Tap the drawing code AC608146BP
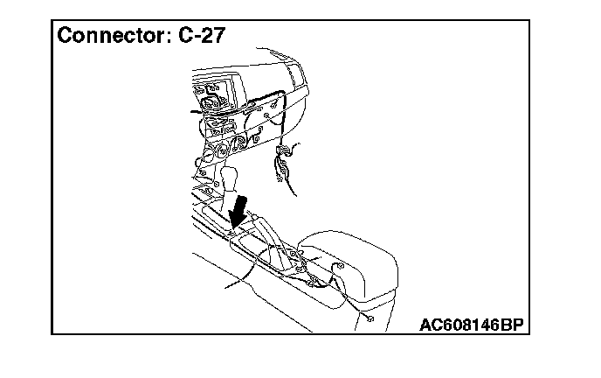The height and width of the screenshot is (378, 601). point(471,325)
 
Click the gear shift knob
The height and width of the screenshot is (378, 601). point(230,178)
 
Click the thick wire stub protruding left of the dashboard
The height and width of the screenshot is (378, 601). point(197,113)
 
